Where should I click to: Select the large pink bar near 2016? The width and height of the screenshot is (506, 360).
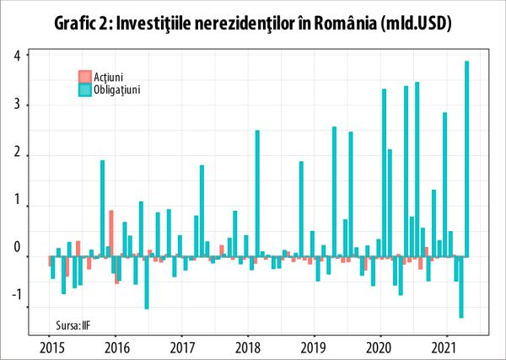tap(111, 234)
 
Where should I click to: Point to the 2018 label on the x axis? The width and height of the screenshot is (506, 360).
tap(247, 347)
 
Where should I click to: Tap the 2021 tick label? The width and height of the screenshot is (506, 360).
tap(445, 347)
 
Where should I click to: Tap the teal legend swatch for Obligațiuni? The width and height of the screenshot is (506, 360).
tap(84, 89)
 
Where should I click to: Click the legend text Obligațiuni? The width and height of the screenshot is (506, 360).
tap(116, 89)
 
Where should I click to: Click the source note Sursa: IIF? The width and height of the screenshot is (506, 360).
tap(73, 324)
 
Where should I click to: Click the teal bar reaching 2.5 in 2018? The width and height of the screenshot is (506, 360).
tap(257, 193)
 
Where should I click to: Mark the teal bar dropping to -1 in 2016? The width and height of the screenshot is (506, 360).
tap(147, 282)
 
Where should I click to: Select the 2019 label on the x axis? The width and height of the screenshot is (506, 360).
tap(313, 347)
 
